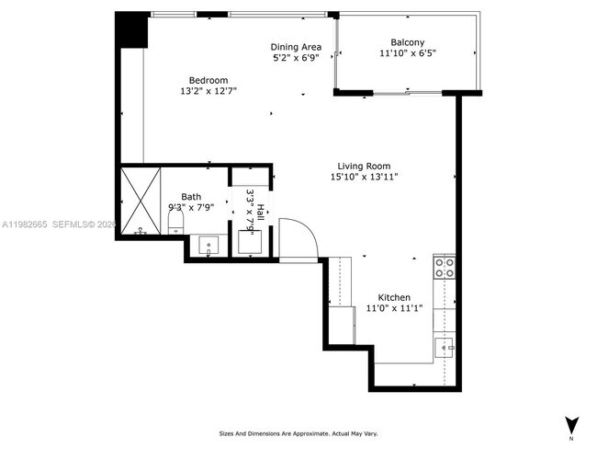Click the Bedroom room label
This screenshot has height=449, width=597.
pyautogui.click(x=208, y=79)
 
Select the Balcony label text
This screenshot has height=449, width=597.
pyautogui.click(x=407, y=42)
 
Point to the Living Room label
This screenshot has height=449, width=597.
pyautogui.click(x=364, y=166)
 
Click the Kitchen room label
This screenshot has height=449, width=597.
pyautogui.click(x=394, y=298)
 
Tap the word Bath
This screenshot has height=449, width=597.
pyautogui.click(x=191, y=196)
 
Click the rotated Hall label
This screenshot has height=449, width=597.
pyautogui.click(x=260, y=212)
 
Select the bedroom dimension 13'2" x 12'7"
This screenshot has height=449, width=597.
pyautogui.click(x=208, y=90)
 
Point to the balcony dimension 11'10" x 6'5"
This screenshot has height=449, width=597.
pyautogui.click(x=407, y=53)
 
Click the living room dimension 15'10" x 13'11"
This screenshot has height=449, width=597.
pyautogui.click(x=364, y=177)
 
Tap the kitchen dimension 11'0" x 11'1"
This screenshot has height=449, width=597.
pyautogui.click(x=394, y=309)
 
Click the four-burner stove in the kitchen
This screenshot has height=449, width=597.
pyautogui.click(x=444, y=268)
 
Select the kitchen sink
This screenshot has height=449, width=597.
pyautogui.click(x=444, y=346)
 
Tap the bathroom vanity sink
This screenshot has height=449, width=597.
pyautogui.click(x=209, y=247)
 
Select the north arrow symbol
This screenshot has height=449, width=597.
pyautogui.click(x=571, y=425)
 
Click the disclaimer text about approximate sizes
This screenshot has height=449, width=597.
pyautogui.click(x=298, y=433)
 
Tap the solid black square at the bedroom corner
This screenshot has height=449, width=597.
pyautogui.click(x=131, y=30)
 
